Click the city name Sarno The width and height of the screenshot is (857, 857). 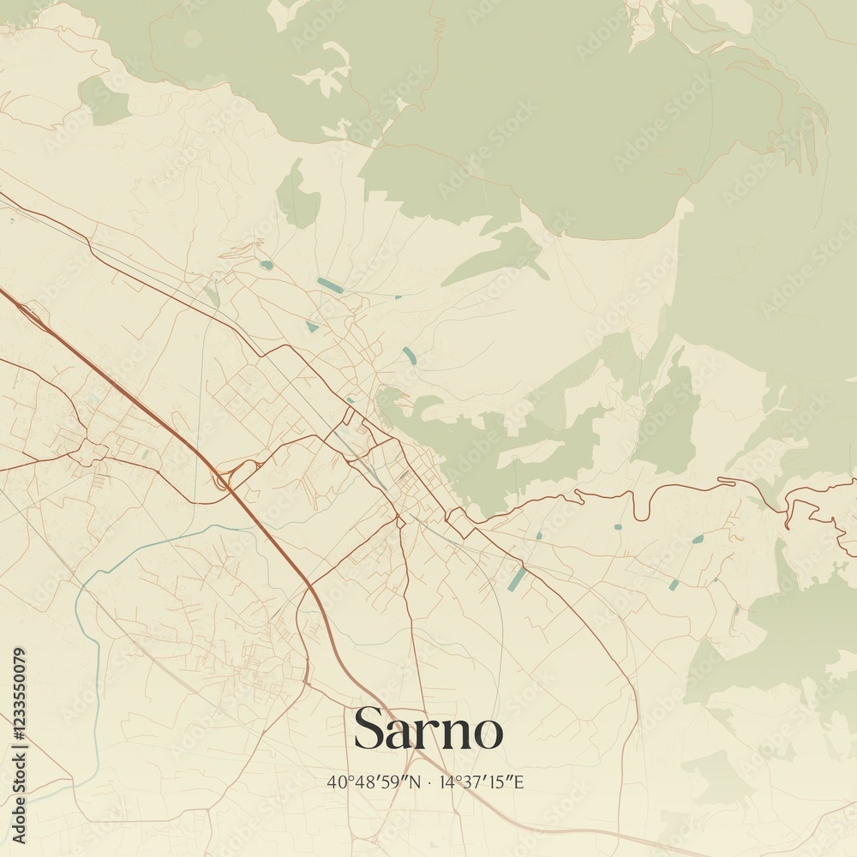pos(428,729)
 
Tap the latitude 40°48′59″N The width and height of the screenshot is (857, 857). pos(374,782)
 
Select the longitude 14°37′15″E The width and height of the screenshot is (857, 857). pos(481,782)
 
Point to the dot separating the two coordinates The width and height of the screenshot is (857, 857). pos(429,782)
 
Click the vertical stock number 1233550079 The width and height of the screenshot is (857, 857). pos(19,745)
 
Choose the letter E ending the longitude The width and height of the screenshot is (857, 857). pos(518,782)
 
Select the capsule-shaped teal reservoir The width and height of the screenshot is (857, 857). pos(330,285)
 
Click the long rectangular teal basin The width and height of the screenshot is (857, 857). pos(517,578)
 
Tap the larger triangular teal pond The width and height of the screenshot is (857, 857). pos(312,327)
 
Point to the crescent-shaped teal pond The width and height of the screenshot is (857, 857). pos(410,356)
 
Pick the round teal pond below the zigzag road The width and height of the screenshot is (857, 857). pos(698,539)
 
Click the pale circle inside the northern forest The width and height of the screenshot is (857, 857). pos(193,38)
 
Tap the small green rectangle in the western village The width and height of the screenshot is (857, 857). pos(145,455)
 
